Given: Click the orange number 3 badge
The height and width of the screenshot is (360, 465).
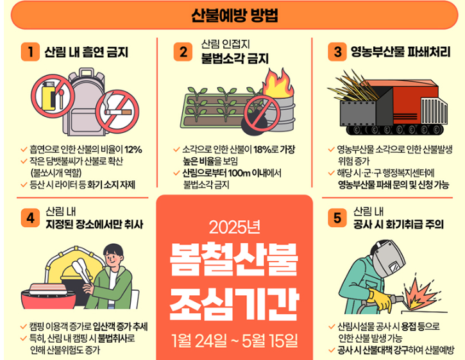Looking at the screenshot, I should point(335,52).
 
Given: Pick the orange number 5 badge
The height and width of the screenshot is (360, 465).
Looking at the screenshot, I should point(335,218).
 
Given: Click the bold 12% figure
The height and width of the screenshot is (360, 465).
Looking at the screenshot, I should point(133,150).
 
